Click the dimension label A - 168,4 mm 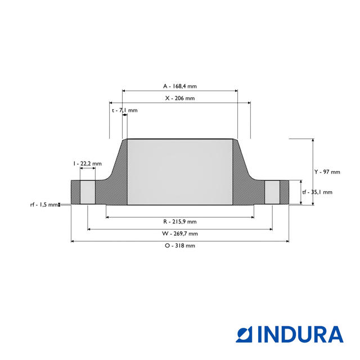pos(180,86)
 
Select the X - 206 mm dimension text pos(180,98)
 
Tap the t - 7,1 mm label pos(124,110)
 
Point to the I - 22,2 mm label pos(87,163)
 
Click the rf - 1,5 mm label pos(44,205)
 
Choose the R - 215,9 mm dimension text pos(180,221)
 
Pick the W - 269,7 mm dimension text pos(180,233)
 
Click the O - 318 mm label pos(180,246)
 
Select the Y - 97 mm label pos(327,172)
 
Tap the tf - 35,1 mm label pos(317,192)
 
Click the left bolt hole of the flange pos(88,192)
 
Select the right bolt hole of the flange pos(272,192)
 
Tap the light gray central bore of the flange pos(180,172)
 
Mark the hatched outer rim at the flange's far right pos(284,192)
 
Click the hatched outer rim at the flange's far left pos(75,192)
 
